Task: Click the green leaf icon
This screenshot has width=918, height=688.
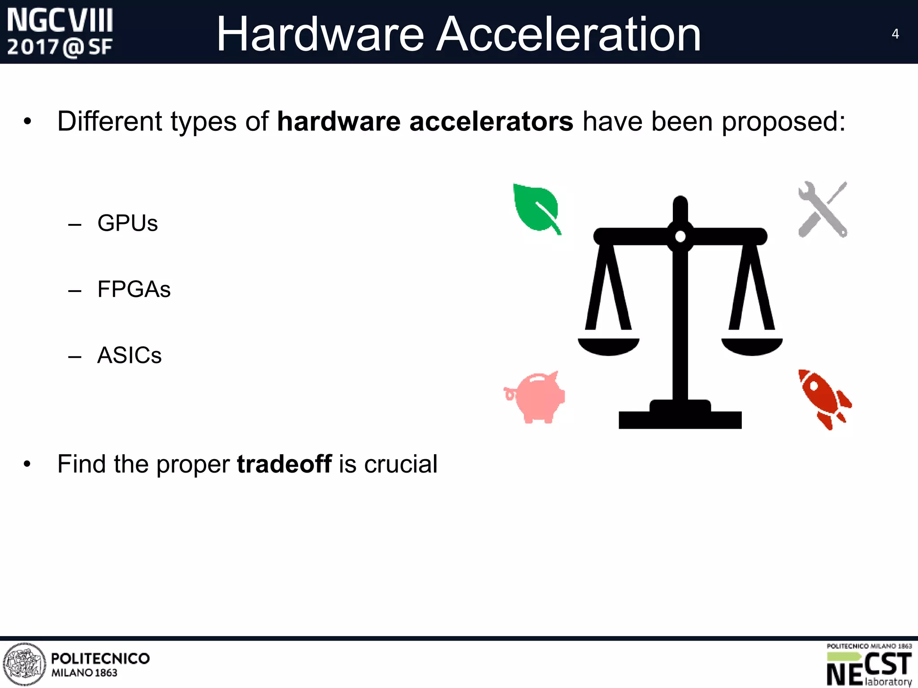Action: click(536, 208)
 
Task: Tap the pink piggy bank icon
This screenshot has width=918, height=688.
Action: click(536, 397)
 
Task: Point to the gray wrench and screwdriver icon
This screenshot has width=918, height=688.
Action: click(823, 209)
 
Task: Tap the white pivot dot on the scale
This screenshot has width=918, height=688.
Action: click(680, 236)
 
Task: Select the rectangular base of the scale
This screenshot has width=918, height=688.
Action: click(680, 420)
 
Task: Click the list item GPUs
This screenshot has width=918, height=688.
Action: click(127, 223)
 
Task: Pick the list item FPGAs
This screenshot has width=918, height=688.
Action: click(134, 289)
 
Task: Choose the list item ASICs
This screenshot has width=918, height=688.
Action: click(129, 356)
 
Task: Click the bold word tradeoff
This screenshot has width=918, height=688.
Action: click(284, 464)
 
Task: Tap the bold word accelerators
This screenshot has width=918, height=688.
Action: click(491, 121)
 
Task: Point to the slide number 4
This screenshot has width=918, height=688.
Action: click(895, 34)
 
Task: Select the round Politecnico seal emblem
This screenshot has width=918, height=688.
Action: click(25, 664)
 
